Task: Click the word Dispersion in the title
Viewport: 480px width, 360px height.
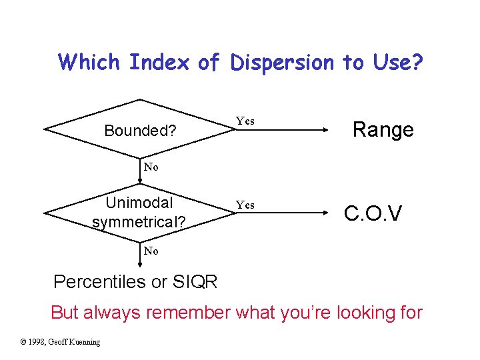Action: click(x=282, y=63)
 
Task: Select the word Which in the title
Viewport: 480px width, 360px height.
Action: click(x=89, y=63)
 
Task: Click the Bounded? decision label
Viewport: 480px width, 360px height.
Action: click(x=140, y=131)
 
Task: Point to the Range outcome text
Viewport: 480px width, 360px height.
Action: click(x=383, y=129)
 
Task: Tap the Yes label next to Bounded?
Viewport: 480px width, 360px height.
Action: click(x=245, y=121)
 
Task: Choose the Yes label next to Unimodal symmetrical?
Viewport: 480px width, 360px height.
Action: click(x=245, y=205)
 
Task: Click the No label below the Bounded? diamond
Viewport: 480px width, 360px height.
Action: click(x=151, y=167)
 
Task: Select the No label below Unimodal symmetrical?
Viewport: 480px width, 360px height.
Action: click(x=151, y=251)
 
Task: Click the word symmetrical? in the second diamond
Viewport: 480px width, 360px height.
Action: click(x=139, y=221)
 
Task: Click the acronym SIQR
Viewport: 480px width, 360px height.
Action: click(x=194, y=282)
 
